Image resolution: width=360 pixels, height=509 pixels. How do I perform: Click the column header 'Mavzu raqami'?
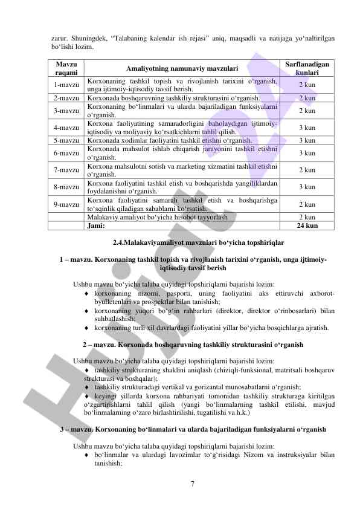click(66, 68)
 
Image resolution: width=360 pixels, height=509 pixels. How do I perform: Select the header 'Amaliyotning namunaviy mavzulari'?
click(182, 68)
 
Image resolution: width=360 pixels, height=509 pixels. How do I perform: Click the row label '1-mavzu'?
click(66, 85)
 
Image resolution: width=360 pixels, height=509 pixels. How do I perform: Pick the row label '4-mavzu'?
click(66, 128)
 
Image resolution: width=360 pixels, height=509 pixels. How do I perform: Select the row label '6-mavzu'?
click(66, 154)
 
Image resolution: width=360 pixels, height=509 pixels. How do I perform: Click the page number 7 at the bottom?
click(191, 484)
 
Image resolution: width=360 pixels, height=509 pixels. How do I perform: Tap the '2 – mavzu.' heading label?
click(98, 345)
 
